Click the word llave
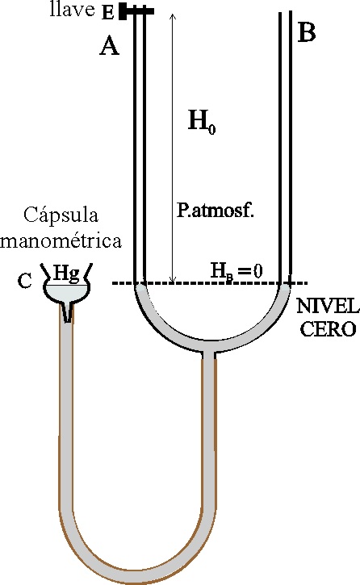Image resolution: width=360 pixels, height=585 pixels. point(72,10)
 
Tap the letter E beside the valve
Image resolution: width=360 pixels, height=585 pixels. point(108,13)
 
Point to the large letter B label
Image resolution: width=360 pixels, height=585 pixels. point(307,32)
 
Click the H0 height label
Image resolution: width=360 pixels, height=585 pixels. point(202,122)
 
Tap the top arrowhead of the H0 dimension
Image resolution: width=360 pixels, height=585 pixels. point(172,16)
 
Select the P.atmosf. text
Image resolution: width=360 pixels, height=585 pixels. point(216,211)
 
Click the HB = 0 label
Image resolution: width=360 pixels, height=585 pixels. point(237,270)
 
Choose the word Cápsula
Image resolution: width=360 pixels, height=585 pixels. point(61,216)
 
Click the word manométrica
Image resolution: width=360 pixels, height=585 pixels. point(61,240)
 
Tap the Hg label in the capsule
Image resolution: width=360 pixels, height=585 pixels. point(66,273)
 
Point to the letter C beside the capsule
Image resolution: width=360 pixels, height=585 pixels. point(25,281)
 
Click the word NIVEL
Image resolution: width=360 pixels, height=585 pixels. point(328,307)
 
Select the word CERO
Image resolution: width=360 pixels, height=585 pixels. point(329,329)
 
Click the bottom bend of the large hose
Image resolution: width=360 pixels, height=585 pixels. point(137,575)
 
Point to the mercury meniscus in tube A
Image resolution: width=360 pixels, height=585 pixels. point(139,287)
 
